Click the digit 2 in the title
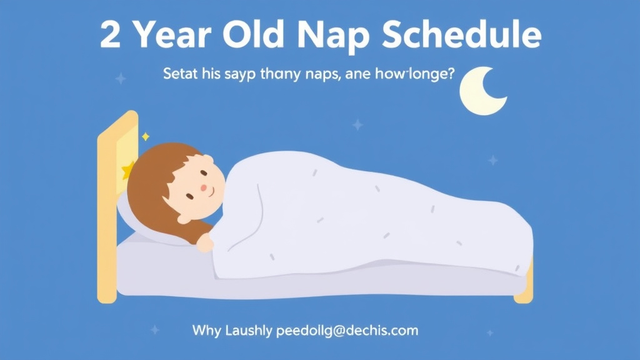pyautogui.click(x=111, y=36)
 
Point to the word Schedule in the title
pyautogui.click(x=461, y=36)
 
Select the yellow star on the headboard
pyautogui.click(x=128, y=169)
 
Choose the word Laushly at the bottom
pyautogui.click(x=247, y=330)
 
